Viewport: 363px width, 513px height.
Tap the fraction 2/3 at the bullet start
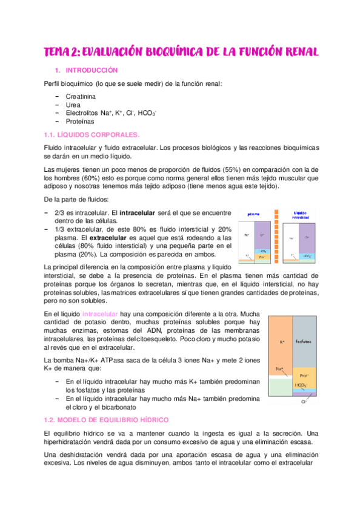point(60,213)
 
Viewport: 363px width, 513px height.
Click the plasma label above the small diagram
point(253,214)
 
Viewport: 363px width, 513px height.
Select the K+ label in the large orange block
point(282,342)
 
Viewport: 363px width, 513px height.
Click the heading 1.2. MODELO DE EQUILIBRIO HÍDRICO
point(107,420)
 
